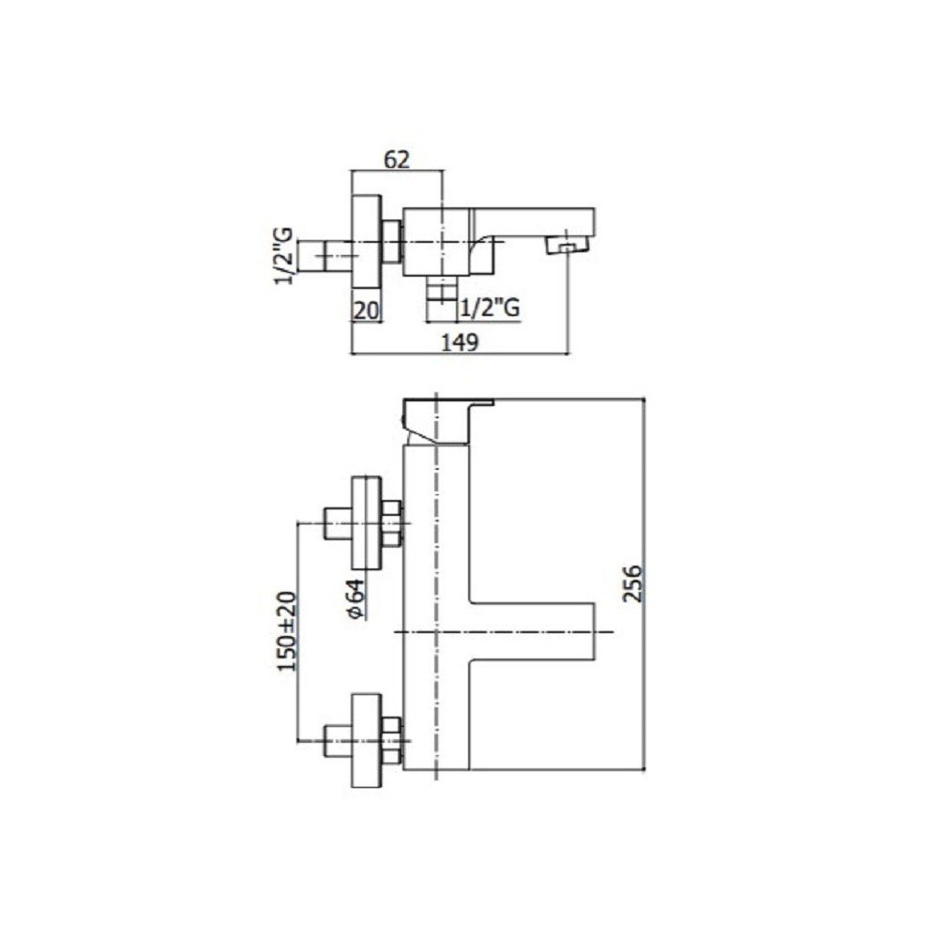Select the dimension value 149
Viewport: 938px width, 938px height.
click(x=460, y=342)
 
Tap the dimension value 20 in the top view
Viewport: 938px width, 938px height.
click(x=366, y=310)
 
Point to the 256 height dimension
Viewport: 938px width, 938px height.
click(x=631, y=582)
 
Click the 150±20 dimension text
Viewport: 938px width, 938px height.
click(x=287, y=631)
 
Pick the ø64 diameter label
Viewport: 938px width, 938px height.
click(x=355, y=598)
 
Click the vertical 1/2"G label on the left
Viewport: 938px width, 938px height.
click(x=284, y=255)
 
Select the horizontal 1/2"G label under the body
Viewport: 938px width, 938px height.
click(x=490, y=308)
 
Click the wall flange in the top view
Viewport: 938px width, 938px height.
click(x=367, y=242)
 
